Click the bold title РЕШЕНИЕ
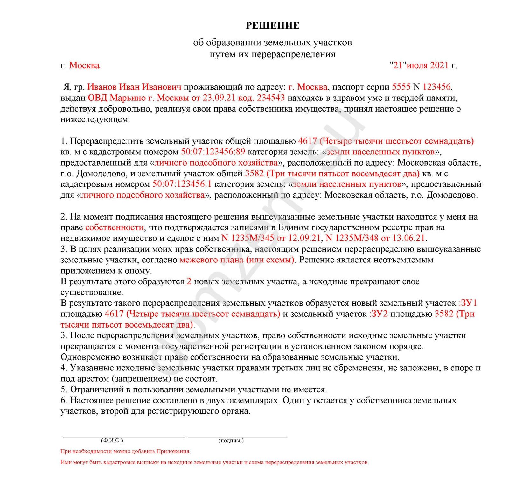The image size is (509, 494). [x=272, y=25]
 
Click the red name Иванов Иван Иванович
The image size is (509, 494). [x=134, y=87]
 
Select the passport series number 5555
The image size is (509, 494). [x=401, y=87]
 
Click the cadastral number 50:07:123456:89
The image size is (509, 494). [x=213, y=152]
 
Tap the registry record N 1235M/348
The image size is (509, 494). [x=352, y=238]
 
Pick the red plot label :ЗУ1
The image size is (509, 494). [x=468, y=303]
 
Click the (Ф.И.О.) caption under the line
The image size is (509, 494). [x=112, y=440]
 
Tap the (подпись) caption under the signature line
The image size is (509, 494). [x=231, y=440]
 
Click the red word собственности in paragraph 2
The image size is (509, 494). [x=115, y=227]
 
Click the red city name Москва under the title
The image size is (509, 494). [x=84, y=65]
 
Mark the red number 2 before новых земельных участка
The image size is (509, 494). [x=189, y=281]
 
